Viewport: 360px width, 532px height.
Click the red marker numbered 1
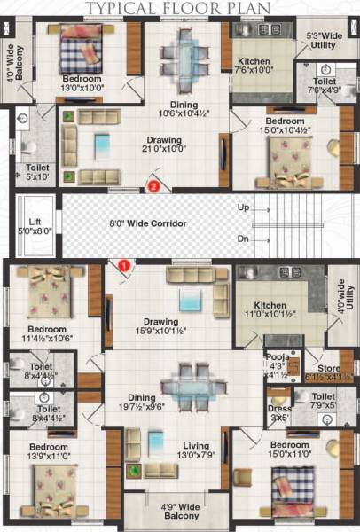pos(124,264)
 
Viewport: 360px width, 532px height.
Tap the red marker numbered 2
pos(153,187)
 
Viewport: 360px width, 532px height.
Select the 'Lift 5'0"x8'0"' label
pos(35,226)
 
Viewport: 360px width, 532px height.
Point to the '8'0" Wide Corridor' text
pos(147,224)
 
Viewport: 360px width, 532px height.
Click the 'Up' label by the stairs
pos(243,207)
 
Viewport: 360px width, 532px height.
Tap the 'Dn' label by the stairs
pos(243,239)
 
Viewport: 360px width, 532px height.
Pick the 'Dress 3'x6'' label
pos(279,412)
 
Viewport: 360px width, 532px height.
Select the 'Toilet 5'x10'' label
pos(36,171)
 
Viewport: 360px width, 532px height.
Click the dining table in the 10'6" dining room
pos(185,57)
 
